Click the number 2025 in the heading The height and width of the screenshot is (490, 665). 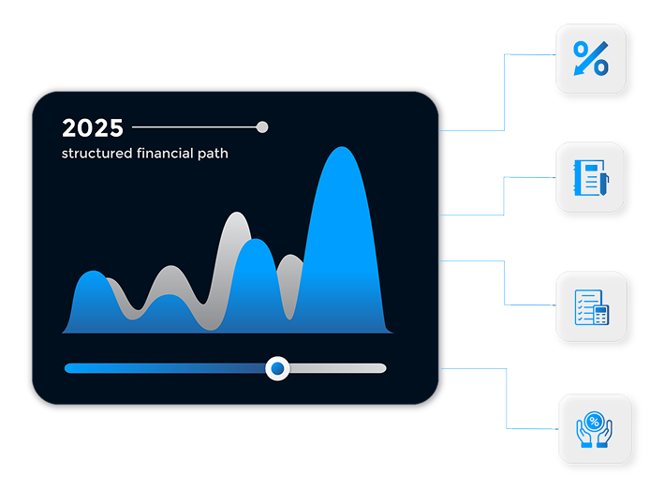[93, 127]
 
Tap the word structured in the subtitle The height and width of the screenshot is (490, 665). [96, 153]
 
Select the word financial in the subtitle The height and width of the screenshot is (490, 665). [165, 153]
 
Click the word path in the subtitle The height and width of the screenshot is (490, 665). [213, 153]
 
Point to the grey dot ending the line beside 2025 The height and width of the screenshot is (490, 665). [262, 126]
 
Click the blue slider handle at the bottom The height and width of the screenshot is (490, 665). [277, 368]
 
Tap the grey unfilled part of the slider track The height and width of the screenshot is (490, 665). [338, 368]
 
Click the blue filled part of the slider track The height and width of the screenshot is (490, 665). [165, 368]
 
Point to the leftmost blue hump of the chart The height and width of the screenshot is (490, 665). [94, 297]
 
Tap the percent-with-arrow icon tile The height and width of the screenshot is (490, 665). [591, 58]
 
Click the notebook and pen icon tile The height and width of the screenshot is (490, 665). [590, 177]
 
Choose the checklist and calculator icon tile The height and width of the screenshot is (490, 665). [591, 306]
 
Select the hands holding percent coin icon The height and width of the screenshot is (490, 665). [594, 429]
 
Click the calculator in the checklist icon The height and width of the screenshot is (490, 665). [601, 315]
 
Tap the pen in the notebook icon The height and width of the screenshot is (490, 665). [604, 183]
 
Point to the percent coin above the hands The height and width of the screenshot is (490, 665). [594, 422]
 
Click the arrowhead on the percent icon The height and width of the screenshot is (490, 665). [578, 70]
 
